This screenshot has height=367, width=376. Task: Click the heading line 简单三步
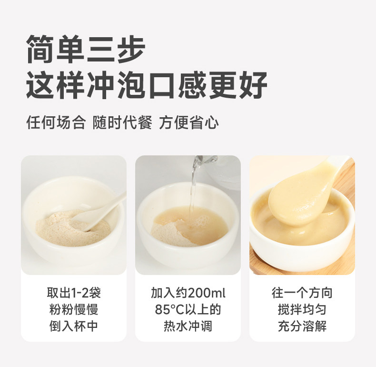[x=86, y=49]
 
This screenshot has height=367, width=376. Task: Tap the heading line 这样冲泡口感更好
[x=147, y=85]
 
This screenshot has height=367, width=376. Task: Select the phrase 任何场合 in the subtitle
[x=56, y=122]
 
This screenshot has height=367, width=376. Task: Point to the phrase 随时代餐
[x=122, y=122]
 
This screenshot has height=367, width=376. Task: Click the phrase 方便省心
[x=189, y=122]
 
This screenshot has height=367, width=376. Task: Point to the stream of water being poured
[x=193, y=190]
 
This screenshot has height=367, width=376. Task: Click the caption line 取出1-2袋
[x=74, y=293]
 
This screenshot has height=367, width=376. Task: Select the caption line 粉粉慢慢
[x=74, y=309]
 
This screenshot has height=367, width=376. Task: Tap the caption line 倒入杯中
[x=74, y=326]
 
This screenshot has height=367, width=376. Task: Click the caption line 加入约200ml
[x=188, y=293]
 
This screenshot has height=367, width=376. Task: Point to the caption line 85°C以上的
[x=188, y=309]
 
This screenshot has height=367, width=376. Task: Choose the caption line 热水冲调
[x=188, y=326]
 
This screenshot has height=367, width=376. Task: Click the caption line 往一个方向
[x=302, y=293]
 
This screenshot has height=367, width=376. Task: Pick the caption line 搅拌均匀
[x=302, y=309]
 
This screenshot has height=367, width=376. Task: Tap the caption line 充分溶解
[x=302, y=326]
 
